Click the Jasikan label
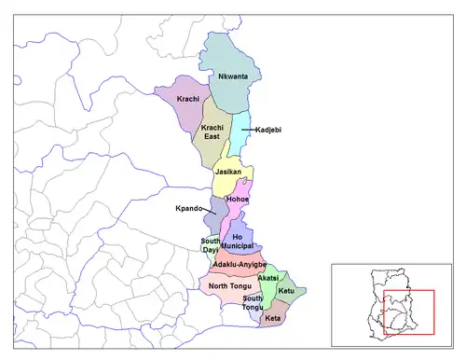point(228,172)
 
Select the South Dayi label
point(211,245)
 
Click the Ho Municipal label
point(244,242)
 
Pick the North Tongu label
point(228,285)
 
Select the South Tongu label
point(254,301)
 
